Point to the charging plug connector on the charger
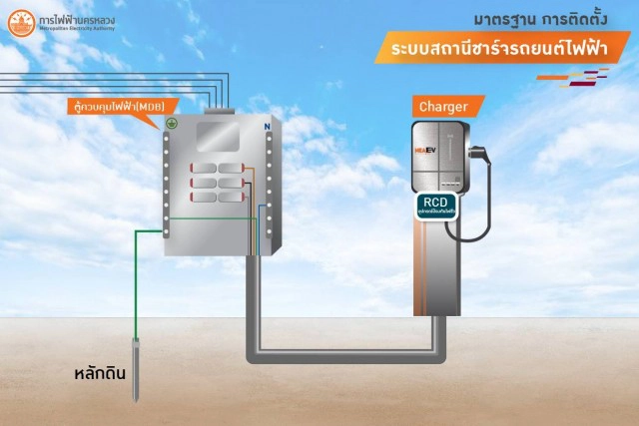pos(478,157)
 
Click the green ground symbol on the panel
pos(171,124)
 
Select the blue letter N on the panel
pos(267,128)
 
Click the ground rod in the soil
pos(136,369)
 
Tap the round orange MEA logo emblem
pos(19,22)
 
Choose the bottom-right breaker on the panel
pos(231,197)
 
